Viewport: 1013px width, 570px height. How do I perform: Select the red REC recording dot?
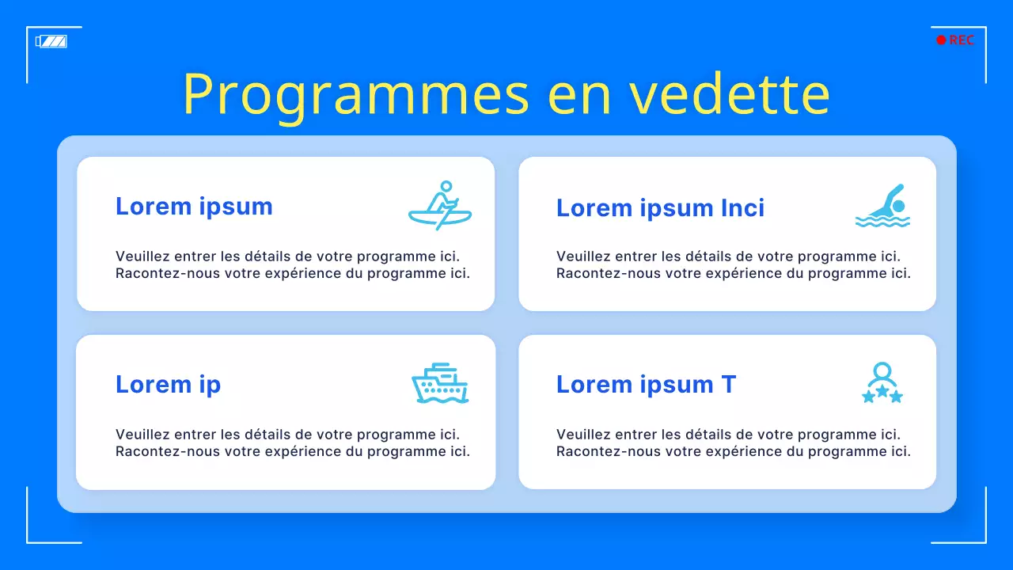pos(941,40)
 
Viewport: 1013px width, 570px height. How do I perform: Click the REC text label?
pos(962,40)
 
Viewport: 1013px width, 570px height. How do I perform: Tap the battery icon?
pos(51,41)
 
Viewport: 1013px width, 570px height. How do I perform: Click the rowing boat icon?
pos(440,206)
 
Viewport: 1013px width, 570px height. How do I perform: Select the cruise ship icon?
pos(440,384)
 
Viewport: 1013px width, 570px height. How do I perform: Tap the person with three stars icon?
pos(882,384)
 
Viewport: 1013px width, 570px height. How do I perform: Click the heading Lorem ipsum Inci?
pos(660,208)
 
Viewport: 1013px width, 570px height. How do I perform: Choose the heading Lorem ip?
pos(168,385)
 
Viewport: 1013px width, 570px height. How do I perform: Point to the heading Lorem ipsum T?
pos(646,385)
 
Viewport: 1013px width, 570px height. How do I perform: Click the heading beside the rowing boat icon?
pos(194,207)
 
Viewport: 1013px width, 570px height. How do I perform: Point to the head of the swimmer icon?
pos(898,206)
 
